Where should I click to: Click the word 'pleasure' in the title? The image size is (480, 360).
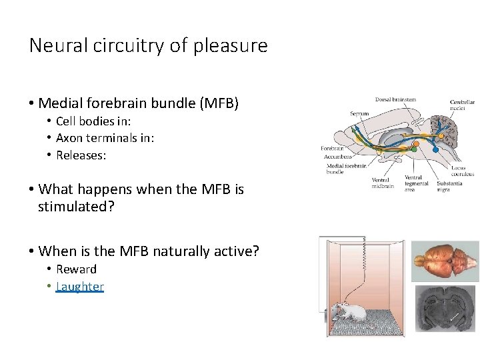click(237, 46)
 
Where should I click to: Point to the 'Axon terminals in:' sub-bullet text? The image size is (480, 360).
click(105, 138)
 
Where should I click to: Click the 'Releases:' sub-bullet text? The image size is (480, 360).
click(81, 155)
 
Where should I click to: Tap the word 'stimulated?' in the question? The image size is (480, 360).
click(76, 206)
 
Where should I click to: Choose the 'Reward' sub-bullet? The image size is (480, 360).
click(76, 269)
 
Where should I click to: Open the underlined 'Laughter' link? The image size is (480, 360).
click(80, 287)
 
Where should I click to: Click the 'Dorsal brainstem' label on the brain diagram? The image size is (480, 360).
click(395, 100)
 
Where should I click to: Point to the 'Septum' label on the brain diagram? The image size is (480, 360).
click(359, 114)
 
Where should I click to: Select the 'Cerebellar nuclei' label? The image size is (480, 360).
click(462, 105)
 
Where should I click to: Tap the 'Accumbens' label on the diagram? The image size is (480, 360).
click(337, 157)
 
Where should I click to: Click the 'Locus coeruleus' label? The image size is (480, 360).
click(458, 171)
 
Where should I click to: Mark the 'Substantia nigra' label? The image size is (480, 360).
click(450, 186)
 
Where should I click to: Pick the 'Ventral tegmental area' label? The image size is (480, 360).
click(417, 183)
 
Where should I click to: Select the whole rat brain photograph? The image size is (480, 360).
click(445, 260)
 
